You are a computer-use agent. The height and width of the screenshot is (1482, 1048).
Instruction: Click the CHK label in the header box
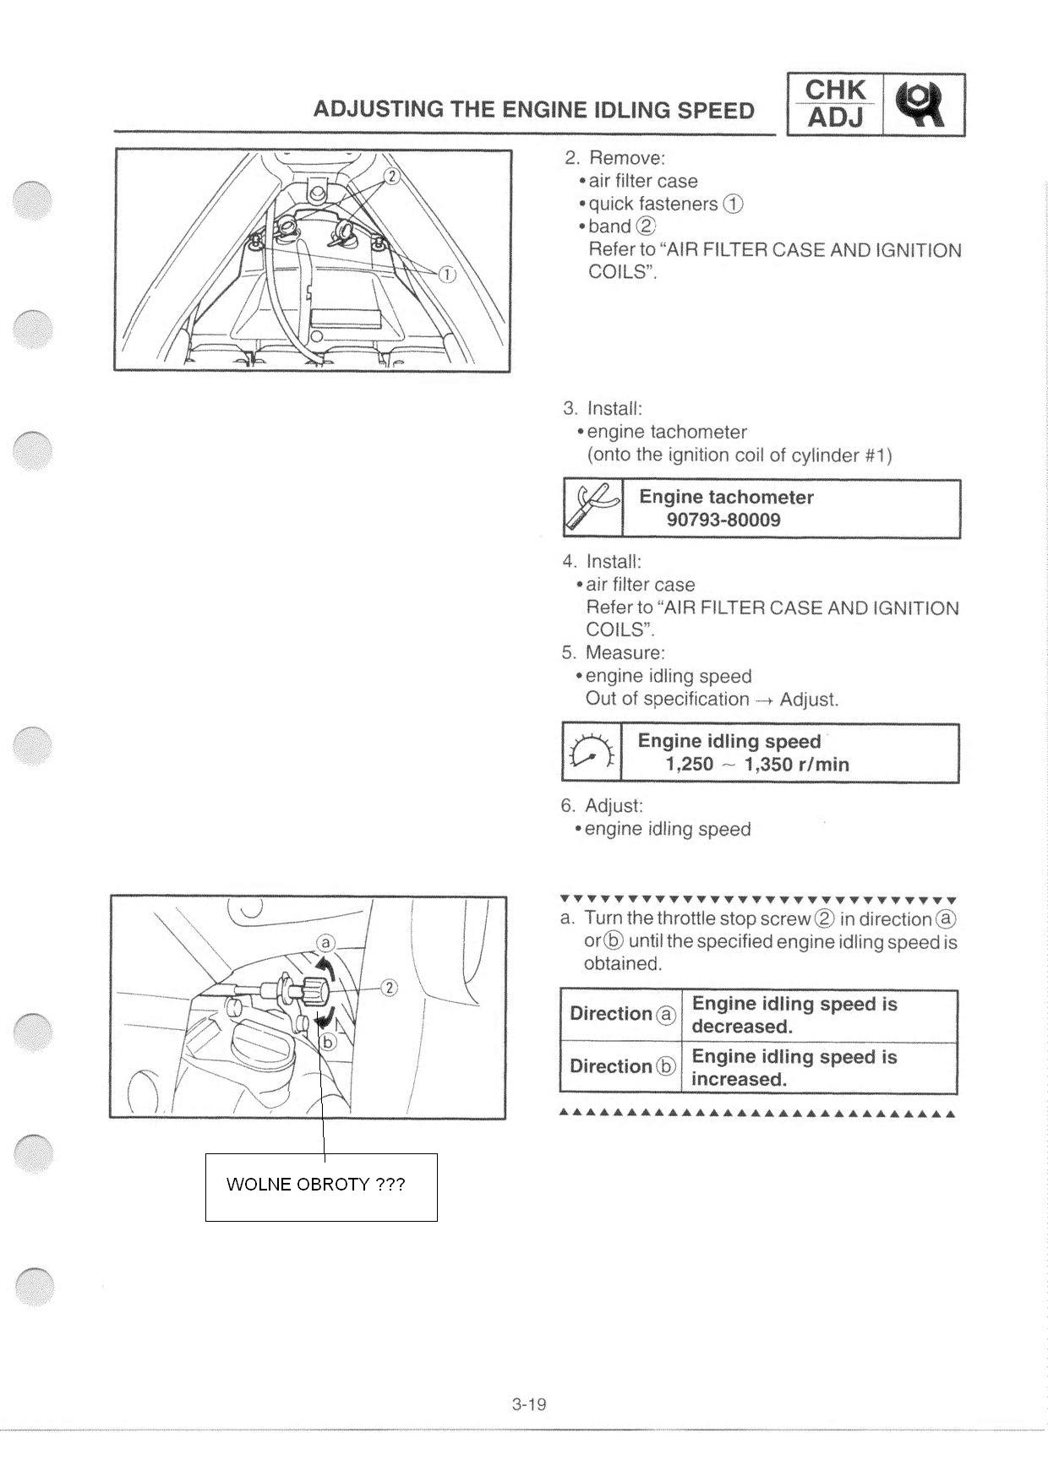(835, 90)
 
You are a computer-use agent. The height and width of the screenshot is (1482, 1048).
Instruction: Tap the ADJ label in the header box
(835, 118)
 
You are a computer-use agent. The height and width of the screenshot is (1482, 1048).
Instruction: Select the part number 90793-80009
(723, 520)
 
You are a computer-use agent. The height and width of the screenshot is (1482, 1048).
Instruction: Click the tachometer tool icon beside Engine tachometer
(592, 508)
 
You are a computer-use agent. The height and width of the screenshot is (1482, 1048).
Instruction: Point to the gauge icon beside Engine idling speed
(591, 752)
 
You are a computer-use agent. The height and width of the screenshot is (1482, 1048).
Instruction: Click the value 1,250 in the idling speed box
(689, 765)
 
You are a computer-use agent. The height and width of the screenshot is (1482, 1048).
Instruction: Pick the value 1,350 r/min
(796, 765)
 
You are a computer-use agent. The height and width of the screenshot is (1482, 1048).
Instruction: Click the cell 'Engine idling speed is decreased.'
(794, 1015)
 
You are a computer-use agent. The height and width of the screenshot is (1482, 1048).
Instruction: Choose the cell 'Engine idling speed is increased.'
(794, 1068)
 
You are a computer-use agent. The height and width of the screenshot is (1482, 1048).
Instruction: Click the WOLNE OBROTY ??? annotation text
(315, 1184)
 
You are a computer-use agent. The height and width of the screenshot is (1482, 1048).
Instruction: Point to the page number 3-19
(529, 1404)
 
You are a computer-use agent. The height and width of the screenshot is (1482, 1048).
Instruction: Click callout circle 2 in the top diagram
(391, 176)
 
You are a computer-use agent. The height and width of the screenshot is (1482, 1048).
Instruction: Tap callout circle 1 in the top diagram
(445, 275)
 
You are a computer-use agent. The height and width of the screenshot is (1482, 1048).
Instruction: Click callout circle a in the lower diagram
(326, 944)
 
